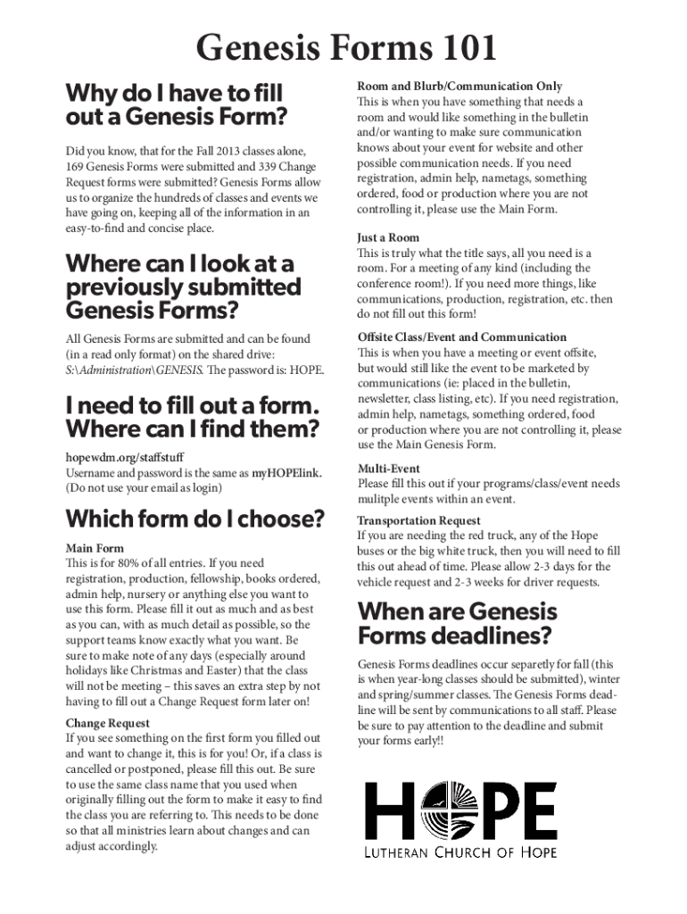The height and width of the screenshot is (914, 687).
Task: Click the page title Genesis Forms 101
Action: (346, 47)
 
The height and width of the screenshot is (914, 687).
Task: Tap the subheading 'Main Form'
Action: (95, 548)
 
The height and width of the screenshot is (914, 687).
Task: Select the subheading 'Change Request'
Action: (108, 723)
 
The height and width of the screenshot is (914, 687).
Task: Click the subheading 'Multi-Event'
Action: (388, 469)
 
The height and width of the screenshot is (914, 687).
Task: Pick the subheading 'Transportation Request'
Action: (418, 520)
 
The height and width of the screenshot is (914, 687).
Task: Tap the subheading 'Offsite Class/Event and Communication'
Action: (461, 337)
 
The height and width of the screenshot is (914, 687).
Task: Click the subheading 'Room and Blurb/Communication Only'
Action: (459, 87)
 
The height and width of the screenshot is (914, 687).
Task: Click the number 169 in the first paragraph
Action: (77, 167)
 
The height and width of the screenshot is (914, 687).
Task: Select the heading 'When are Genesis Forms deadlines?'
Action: (457, 624)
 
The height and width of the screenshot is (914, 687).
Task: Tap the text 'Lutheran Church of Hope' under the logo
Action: (459, 852)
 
